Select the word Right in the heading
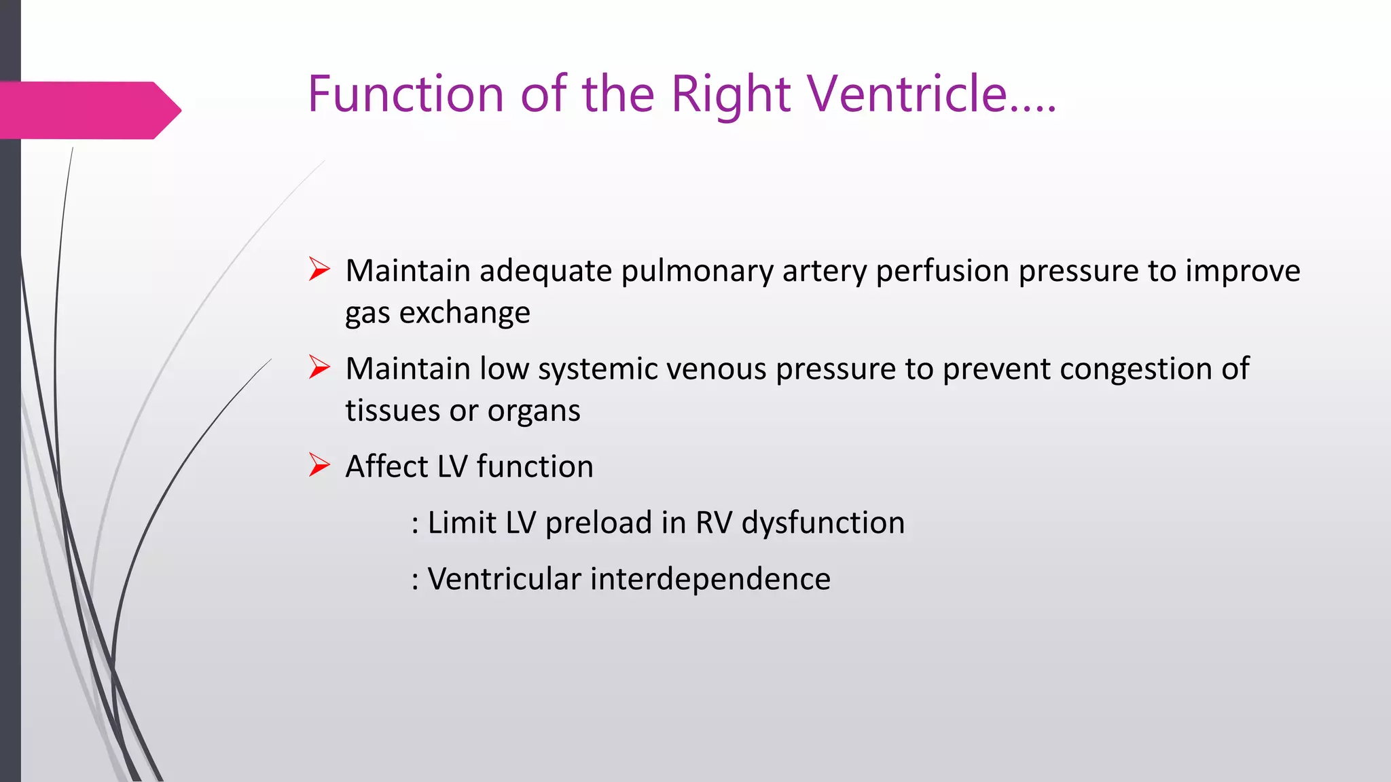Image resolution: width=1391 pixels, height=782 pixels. coord(730,95)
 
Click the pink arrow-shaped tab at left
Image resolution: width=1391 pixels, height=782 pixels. coord(88,110)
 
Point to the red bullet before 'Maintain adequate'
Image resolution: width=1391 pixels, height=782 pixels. coord(319,269)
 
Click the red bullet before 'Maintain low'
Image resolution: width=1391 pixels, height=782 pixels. coord(319,367)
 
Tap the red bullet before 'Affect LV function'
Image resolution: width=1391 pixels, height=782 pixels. coord(319,465)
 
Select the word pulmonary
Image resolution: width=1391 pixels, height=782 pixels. coord(697,272)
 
